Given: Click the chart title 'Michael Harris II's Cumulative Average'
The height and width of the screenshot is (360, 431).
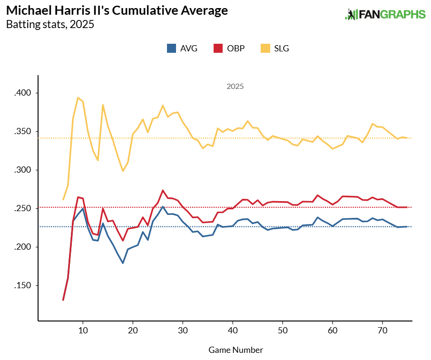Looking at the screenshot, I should [x=117, y=10].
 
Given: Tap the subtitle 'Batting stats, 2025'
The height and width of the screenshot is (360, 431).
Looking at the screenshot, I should [x=50, y=24].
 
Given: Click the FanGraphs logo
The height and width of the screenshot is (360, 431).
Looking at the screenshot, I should [x=385, y=14].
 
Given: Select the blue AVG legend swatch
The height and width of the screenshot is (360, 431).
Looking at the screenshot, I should [x=171, y=48].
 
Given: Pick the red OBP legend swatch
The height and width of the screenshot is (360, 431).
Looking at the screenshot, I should [x=218, y=48].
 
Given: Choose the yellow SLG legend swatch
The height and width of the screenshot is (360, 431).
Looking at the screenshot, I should [x=264, y=48].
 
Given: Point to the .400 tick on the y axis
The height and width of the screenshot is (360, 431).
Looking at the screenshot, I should [x=22, y=93].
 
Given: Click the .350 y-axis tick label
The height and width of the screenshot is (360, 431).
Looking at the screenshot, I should [x=22, y=131].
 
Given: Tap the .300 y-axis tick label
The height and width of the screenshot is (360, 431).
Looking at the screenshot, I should [x=22, y=170].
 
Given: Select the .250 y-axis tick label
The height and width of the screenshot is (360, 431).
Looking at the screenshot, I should [x=22, y=208].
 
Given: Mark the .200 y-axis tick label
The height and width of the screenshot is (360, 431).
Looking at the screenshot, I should [x=22, y=247].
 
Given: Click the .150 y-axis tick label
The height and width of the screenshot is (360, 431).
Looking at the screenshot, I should [x=22, y=285].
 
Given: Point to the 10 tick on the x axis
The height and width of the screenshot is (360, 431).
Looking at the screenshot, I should [x=83, y=331].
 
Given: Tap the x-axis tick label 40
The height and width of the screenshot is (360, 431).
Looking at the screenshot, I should [x=233, y=331].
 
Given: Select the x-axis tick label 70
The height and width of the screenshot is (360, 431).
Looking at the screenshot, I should [x=382, y=331].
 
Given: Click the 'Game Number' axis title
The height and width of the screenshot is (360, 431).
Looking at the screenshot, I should [x=235, y=350].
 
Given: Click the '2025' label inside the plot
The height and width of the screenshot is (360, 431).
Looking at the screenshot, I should [x=235, y=87].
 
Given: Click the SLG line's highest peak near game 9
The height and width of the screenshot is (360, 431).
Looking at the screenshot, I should [x=78, y=97].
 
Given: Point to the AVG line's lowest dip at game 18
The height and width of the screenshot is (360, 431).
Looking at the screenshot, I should [x=123, y=263].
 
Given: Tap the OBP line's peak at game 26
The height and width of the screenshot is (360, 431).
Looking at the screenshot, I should [x=163, y=190].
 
